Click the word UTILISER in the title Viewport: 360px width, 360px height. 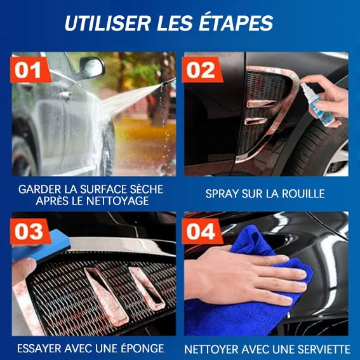click(107, 23)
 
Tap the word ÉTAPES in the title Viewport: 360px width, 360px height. click(236, 23)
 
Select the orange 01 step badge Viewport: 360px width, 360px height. click(30, 70)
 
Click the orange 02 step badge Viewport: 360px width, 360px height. click(202, 70)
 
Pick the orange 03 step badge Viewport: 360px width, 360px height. click(30, 231)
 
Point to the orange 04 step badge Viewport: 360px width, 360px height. click(202, 231)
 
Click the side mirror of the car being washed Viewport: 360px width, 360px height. click(92, 67)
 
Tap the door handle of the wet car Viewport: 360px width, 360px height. click(65, 95)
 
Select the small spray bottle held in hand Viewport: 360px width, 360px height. click(317, 103)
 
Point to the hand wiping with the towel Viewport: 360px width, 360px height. click(248, 276)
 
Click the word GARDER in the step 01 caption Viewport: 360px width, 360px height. click(40, 189)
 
